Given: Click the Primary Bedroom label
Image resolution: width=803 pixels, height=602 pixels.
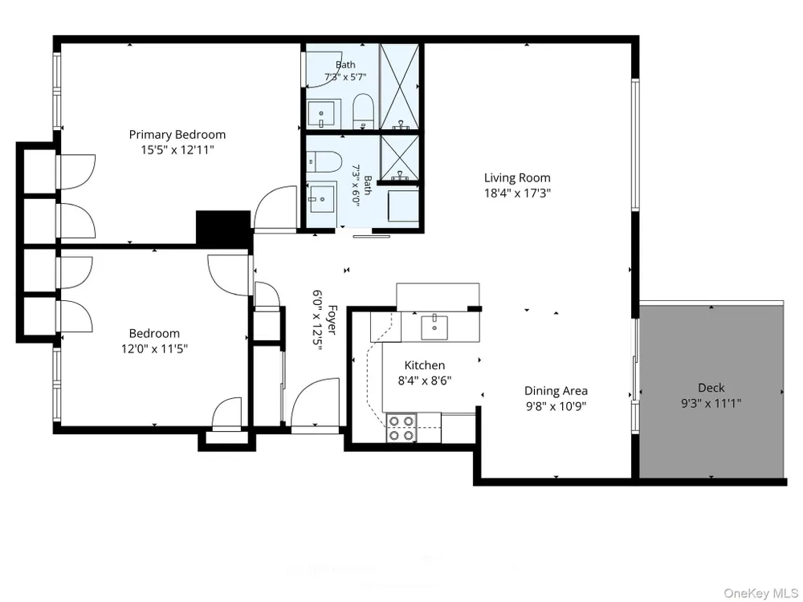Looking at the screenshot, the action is tap(177, 135).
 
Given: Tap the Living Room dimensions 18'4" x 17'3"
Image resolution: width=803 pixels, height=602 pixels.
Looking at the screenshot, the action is tap(517, 193).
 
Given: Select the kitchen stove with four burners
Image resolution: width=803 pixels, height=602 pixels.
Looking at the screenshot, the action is tap(401, 428).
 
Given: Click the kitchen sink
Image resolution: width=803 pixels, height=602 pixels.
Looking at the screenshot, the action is tap(434, 327).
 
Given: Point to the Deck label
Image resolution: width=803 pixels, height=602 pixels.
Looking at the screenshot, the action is tap(711, 388).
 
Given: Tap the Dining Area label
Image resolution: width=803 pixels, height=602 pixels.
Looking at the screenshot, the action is tap(556, 391).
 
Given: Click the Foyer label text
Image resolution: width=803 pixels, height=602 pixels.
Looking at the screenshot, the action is tap(332, 320).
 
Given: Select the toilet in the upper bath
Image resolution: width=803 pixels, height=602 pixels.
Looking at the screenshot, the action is tap(364, 111).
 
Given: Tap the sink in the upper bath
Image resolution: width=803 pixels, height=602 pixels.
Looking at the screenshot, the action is tap(320, 114).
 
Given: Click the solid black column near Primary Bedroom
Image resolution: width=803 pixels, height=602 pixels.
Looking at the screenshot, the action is tap(223, 228).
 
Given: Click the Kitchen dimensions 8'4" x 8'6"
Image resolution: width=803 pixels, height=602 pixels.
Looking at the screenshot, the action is tap(425, 380).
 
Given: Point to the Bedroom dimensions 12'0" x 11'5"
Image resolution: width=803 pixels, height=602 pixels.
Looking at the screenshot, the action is tap(154, 349).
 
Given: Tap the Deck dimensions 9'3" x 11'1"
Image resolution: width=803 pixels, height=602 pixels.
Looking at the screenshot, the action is tap(711, 404).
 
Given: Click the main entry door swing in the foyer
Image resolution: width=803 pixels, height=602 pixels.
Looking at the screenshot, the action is tap(315, 405).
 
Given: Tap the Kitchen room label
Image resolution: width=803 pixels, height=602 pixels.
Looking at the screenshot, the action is tap(425, 365).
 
